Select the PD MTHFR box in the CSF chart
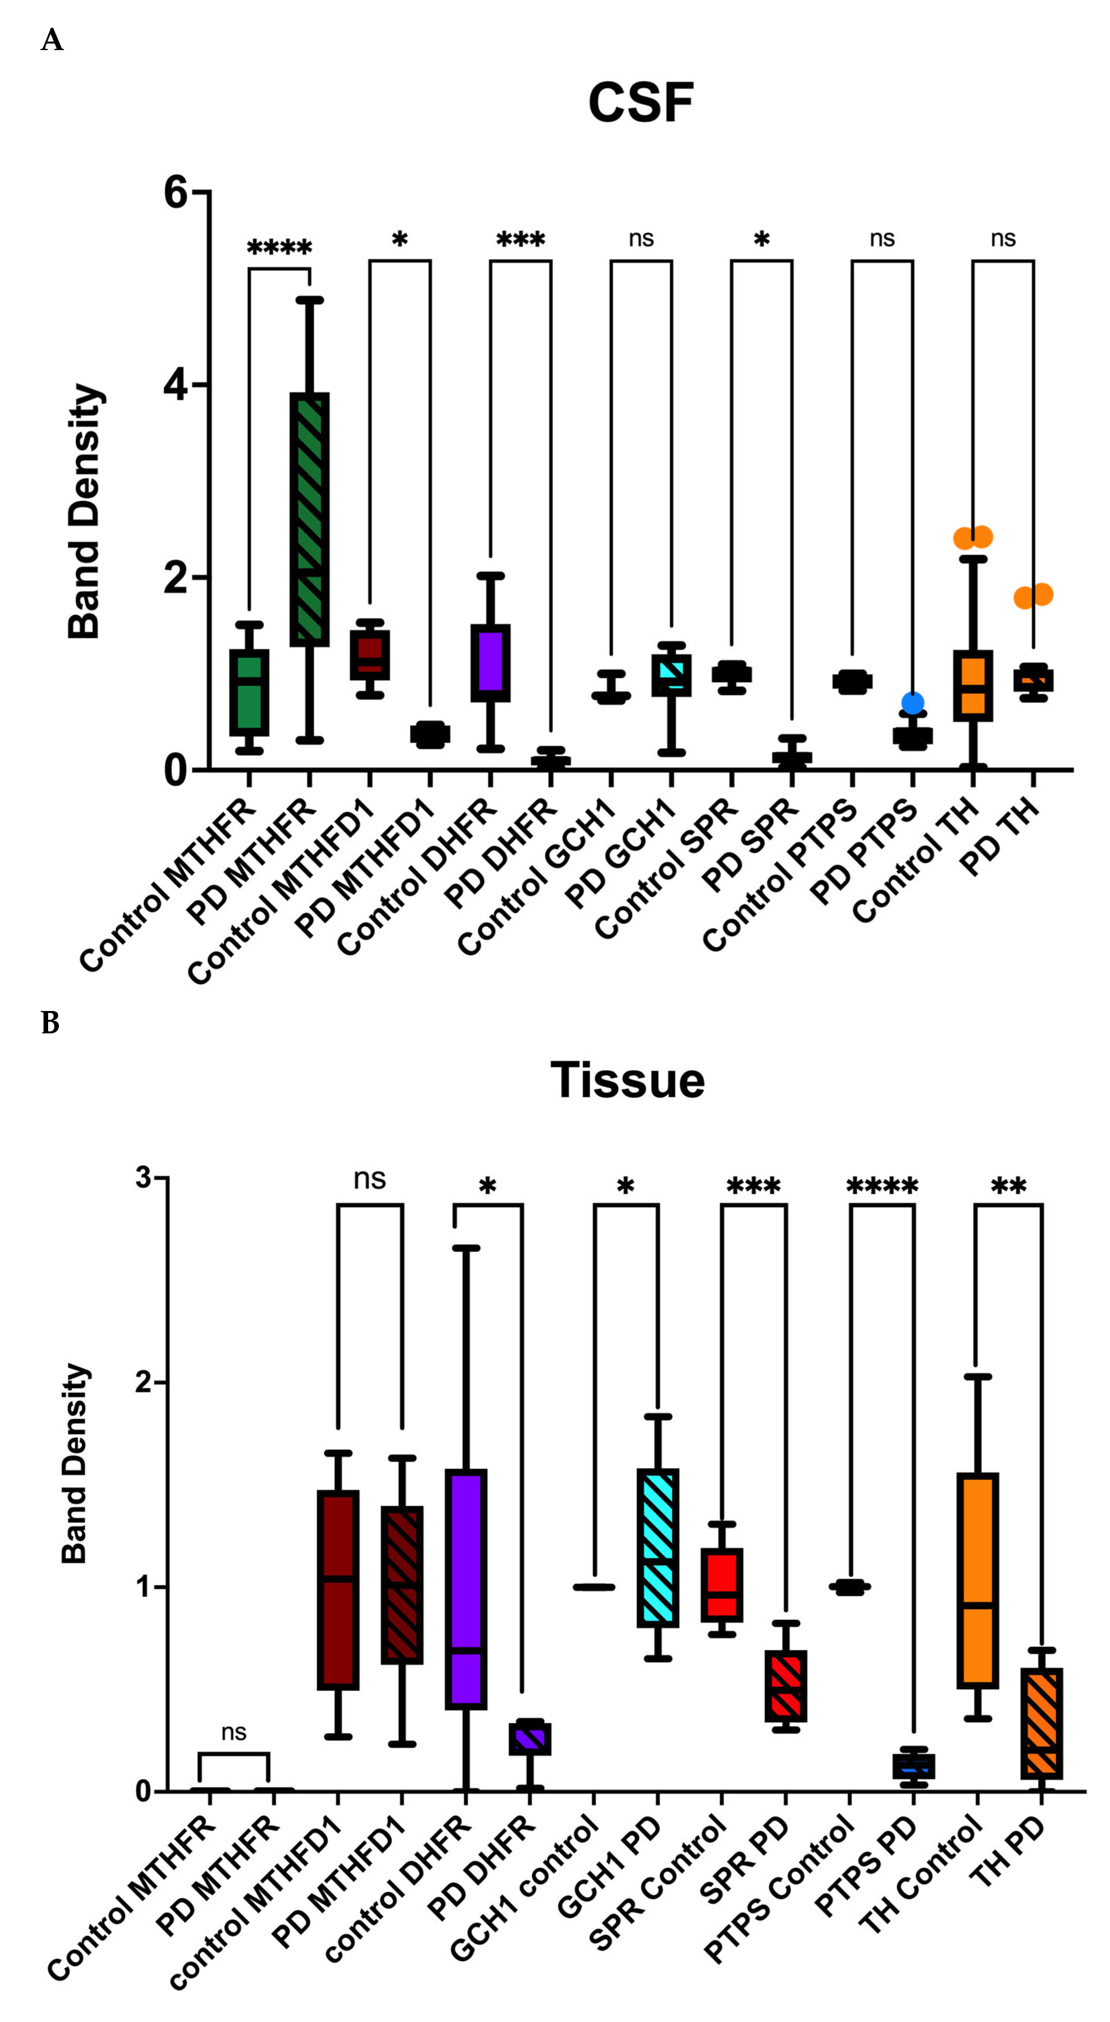[x=309, y=520]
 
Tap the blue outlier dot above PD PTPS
[x=912, y=703]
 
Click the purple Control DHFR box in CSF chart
[x=491, y=663]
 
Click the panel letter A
[x=52, y=39]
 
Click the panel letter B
[x=50, y=1023]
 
